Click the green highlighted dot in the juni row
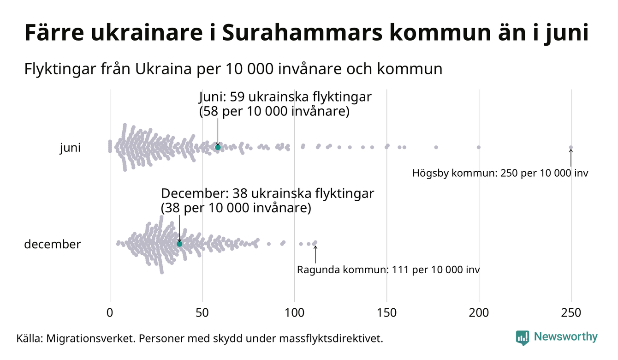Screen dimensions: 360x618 [218, 147]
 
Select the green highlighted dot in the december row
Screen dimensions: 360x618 [179, 244]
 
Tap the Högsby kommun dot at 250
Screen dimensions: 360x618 [571, 148]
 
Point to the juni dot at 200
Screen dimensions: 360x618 [479, 147]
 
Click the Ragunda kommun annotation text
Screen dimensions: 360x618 [388, 270]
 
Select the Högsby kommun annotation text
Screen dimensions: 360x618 [500, 174]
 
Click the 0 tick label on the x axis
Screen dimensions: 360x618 [110, 312]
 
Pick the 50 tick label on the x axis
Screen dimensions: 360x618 [202, 312]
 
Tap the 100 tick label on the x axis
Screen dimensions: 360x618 [294, 312]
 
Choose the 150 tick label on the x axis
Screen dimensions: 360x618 [386, 312]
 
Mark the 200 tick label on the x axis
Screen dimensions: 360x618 [479, 312]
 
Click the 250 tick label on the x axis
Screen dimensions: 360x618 [571, 312]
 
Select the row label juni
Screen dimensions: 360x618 [70, 148]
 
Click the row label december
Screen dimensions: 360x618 [52, 244]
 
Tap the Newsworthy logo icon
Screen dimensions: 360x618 [523, 338]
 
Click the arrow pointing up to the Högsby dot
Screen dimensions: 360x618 [571, 158]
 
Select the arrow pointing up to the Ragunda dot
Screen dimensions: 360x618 [315, 254]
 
